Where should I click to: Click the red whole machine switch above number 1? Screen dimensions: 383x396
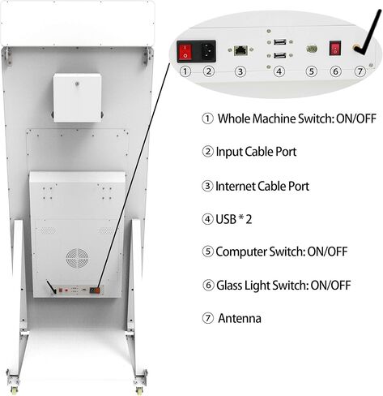(185, 52)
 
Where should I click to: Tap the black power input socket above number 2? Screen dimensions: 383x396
(208, 51)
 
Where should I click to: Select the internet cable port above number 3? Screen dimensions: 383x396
(240, 50)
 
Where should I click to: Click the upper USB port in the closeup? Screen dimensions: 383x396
(280, 42)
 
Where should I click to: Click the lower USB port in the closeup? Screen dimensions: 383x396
(280, 55)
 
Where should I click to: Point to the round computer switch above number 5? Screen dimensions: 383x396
(312, 49)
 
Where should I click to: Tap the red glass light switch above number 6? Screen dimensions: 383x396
(335, 49)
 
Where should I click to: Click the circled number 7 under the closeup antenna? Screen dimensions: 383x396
(360, 71)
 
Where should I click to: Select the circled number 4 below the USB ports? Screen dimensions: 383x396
(279, 71)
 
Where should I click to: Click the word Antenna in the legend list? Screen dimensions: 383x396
(240, 318)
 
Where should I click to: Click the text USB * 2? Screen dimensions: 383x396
(234, 219)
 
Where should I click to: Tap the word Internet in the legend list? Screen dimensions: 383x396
(235, 186)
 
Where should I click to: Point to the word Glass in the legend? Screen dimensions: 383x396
(229, 286)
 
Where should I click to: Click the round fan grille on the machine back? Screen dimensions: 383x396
(78, 258)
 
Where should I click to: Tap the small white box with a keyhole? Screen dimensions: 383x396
(78, 97)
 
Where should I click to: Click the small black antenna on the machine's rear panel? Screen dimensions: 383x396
(51, 287)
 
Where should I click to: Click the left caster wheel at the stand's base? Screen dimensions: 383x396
(13, 390)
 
